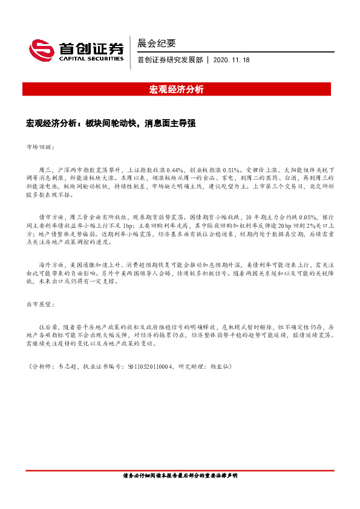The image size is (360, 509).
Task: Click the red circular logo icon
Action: (x=39, y=49)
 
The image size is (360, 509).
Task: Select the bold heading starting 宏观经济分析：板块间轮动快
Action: (x=111, y=123)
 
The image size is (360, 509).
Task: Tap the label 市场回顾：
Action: (x=40, y=147)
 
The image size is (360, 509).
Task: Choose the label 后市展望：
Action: (x=40, y=304)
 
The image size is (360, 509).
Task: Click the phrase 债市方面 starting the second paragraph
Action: (x=51, y=216)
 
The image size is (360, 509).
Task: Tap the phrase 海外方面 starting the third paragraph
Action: (x=51, y=264)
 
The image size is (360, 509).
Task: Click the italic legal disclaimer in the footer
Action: (x=180, y=476)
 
